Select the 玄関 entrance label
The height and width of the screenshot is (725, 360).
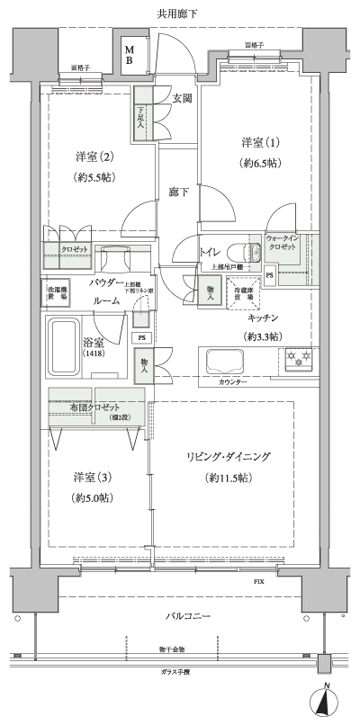click(182, 98)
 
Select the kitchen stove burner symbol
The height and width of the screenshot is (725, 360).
click(298, 360)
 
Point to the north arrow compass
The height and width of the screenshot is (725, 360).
click(327, 703)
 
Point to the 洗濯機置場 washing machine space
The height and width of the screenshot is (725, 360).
click(57, 293)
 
